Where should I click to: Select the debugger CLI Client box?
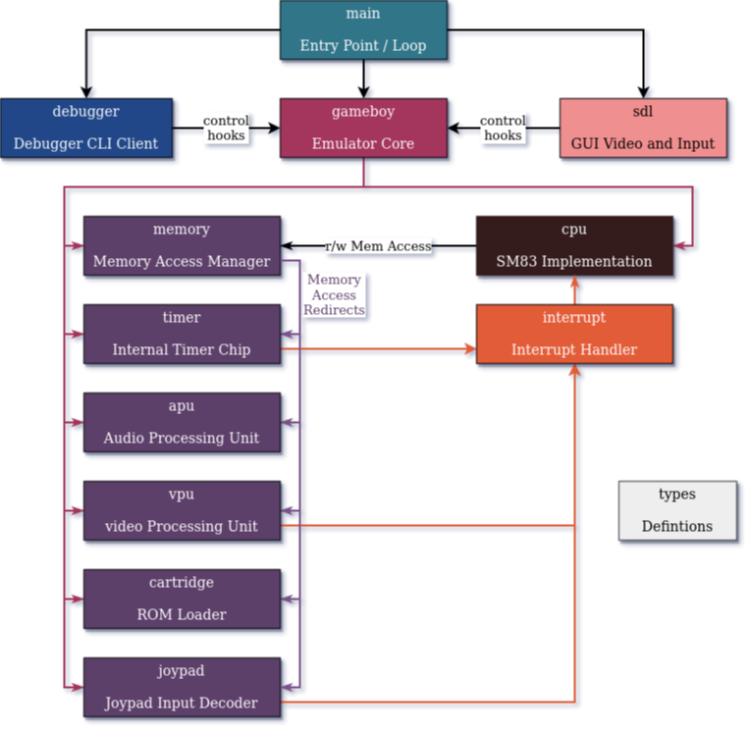point(85,128)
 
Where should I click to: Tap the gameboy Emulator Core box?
point(363,128)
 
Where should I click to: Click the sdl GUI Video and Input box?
point(643,128)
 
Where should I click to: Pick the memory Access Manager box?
point(182,245)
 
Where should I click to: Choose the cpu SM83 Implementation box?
point(574,245)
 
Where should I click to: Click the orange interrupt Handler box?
point(574,334)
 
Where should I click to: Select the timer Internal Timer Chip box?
point(182,334)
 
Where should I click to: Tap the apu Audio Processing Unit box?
point(182,422)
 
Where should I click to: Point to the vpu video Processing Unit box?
point(182,510)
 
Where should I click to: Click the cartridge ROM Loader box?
point(182,599)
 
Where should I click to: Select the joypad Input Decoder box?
point(182,687)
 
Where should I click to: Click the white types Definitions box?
point(676,510)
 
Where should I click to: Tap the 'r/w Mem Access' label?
point(378,246)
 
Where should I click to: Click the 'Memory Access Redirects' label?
point(334,294)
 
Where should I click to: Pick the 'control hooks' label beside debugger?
point(226,128)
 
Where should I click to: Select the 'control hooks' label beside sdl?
point(503,128)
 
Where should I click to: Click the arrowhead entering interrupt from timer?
point(470,348)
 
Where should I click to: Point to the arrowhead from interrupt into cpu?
point(575,284)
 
